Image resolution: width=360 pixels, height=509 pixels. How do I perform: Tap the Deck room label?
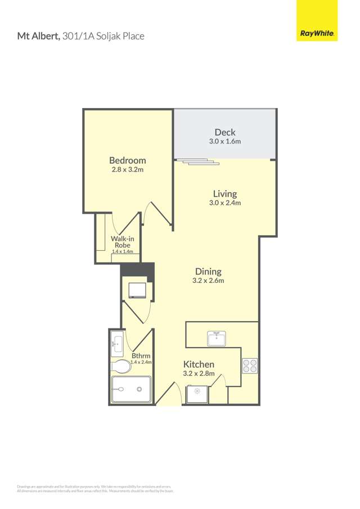225,133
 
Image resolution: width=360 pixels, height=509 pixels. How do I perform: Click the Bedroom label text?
128,160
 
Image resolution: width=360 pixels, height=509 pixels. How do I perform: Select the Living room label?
225,194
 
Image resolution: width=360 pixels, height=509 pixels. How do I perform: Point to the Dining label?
208,271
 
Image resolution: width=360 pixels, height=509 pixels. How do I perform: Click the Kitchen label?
199,364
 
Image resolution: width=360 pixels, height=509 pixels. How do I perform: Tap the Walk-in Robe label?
122,242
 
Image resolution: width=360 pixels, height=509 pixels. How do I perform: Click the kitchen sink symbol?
216,338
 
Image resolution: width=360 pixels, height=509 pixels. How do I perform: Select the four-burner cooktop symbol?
250,366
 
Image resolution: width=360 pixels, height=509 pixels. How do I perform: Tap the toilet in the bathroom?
121,367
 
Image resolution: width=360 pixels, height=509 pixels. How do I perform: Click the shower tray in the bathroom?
131,389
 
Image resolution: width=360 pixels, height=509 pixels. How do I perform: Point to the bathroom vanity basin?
118,344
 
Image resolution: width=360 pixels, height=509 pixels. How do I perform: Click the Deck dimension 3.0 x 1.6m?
225,142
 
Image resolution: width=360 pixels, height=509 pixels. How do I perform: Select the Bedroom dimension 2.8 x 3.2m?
128,169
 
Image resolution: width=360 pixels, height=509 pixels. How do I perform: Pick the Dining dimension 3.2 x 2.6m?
208,280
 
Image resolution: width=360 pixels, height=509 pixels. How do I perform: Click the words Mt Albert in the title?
38,37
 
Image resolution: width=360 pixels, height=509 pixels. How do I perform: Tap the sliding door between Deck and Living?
197,163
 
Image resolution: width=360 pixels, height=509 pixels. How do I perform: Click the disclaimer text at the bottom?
94,488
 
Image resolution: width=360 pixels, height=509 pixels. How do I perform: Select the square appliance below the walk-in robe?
137,290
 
